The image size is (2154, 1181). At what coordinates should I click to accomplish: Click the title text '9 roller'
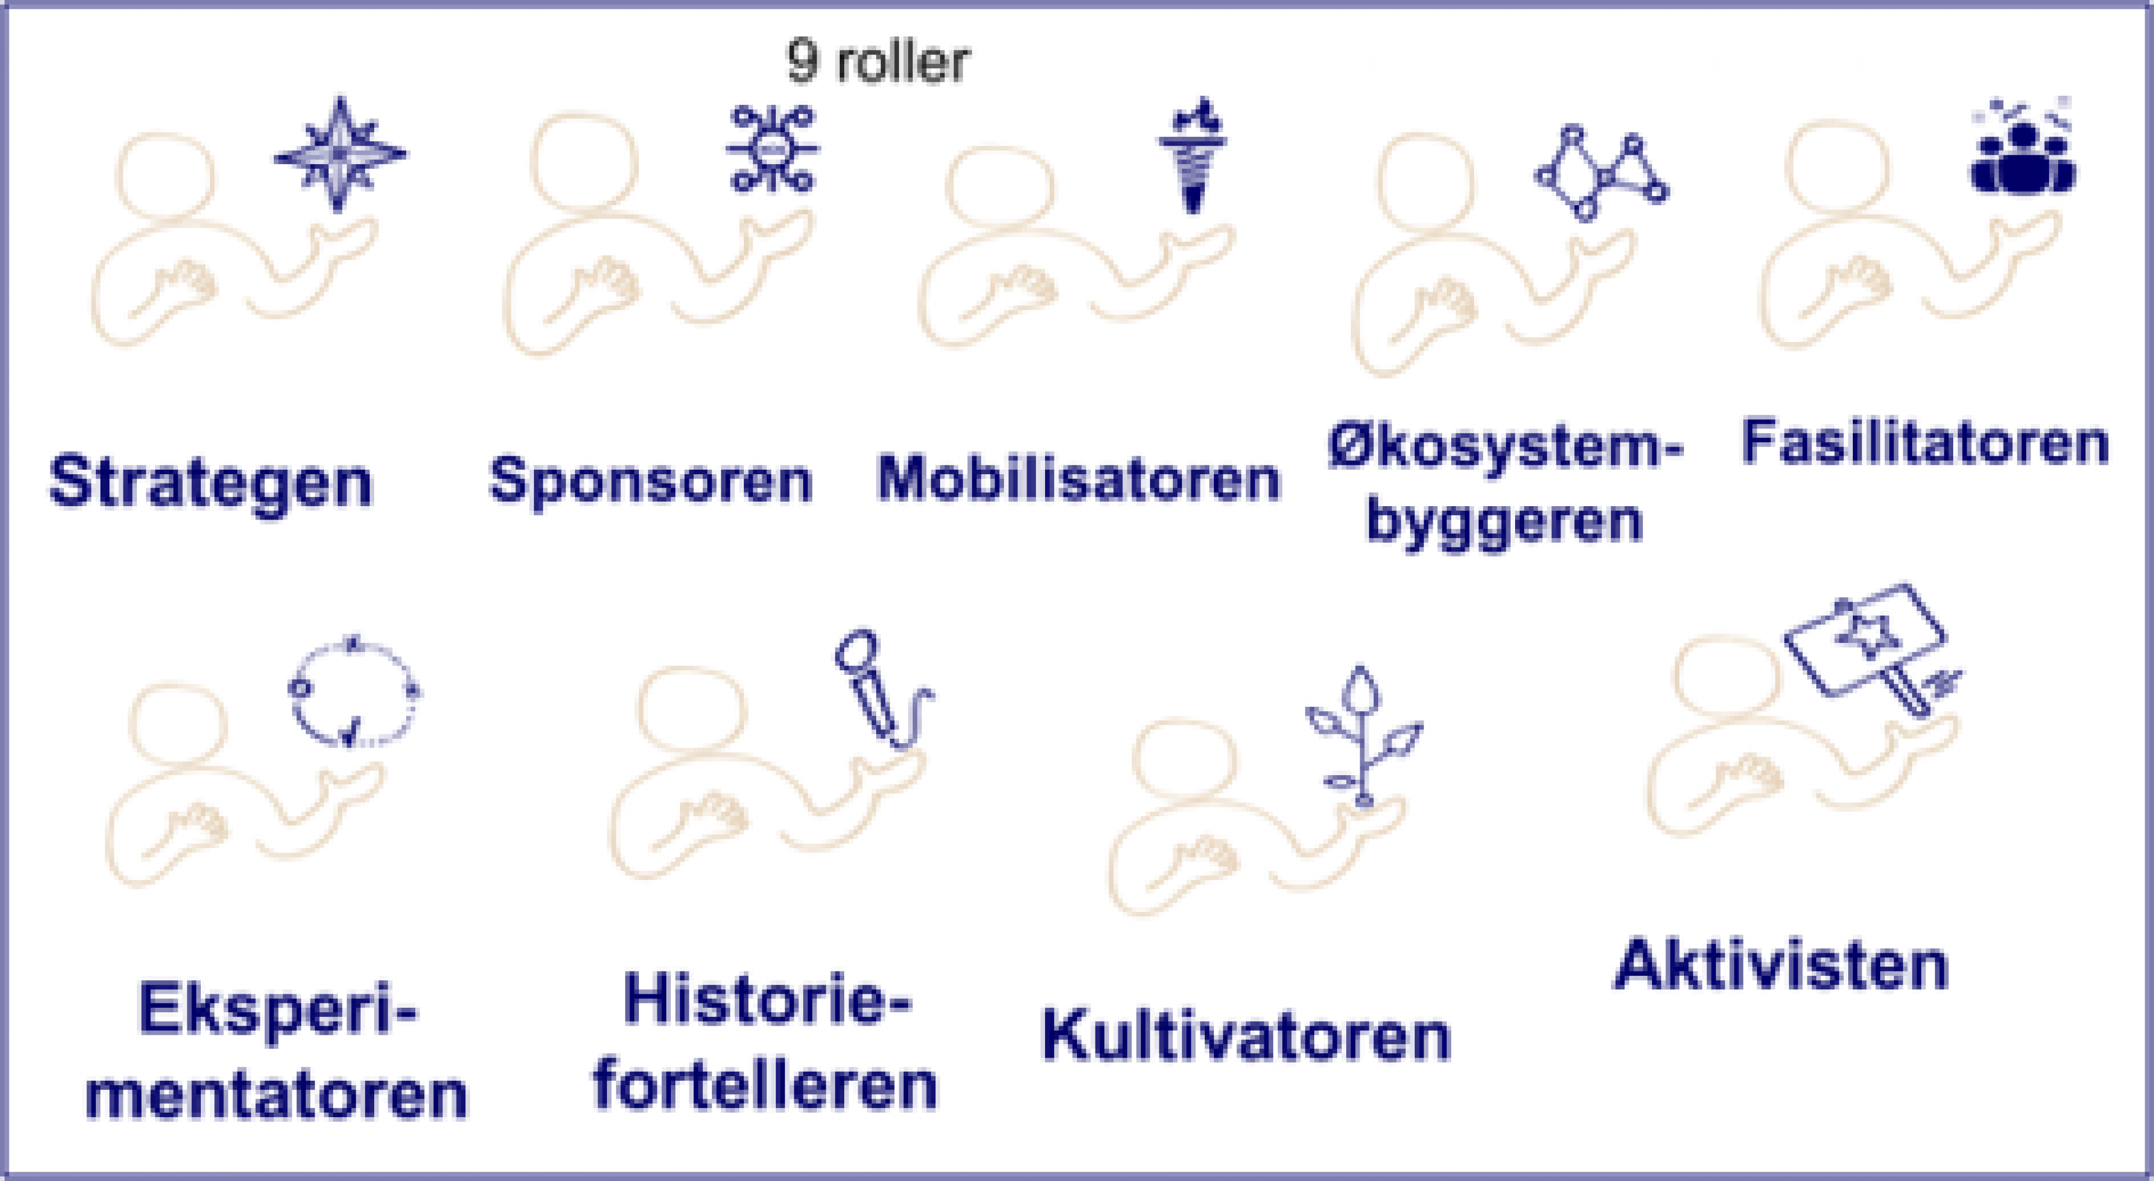coord(878,62)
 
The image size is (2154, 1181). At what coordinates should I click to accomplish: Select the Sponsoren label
coord(651,480)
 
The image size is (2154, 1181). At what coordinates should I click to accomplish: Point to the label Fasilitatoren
coord(1926,442)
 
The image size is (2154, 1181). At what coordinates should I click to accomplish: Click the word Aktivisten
coord(1781,965)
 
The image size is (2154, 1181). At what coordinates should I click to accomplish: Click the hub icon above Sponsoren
coord(772,149)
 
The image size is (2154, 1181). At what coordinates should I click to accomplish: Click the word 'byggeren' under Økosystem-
coord(1505,521)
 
